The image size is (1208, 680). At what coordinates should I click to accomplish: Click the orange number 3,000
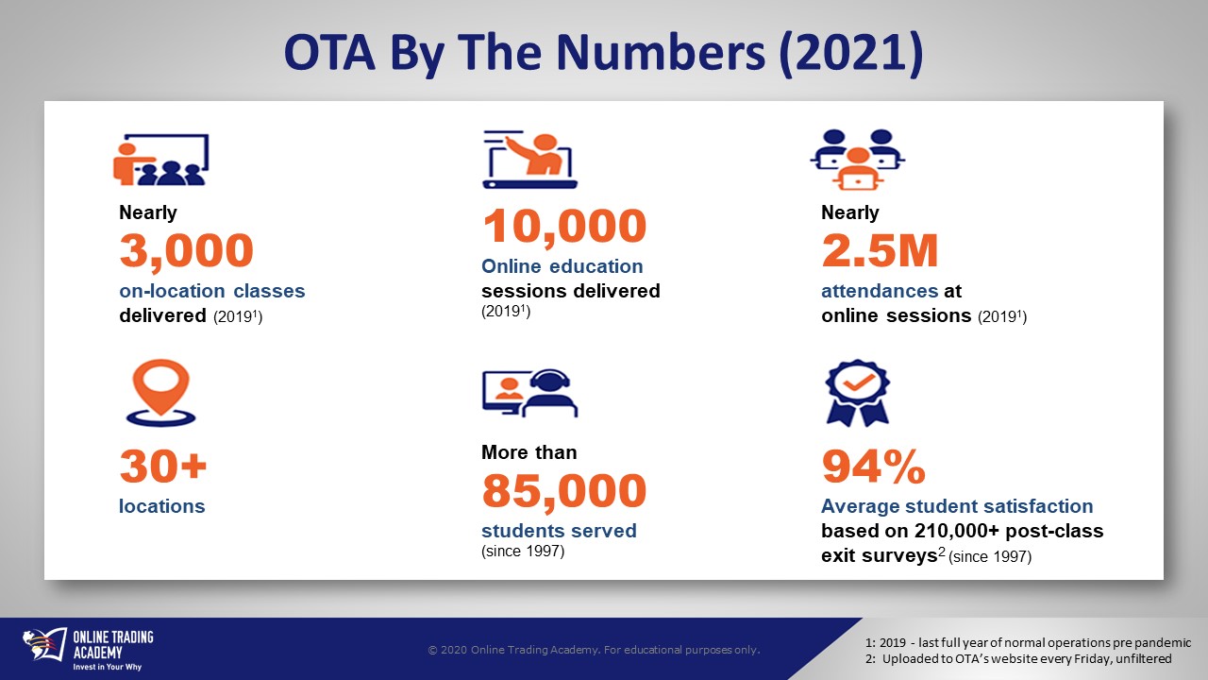pyautogui.click(x=186, y=251)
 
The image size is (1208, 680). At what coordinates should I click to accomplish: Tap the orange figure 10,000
pyautogui.click(x=564, y=226)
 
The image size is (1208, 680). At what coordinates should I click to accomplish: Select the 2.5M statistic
pyautogui.click(x=880, y=250)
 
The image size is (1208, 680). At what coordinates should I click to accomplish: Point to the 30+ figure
pyautogui.click(x=163, y=467)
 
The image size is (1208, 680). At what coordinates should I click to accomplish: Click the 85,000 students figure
pyautogui.click(x=564, y=490)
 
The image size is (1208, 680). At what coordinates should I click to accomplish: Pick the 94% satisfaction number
pyautogui.click(x=873, y=467)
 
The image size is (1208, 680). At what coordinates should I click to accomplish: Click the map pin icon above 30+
pyautogui.click(x=160, y=393)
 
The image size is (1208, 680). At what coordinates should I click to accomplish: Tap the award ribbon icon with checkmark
pyautogui.click(x=858, y=393)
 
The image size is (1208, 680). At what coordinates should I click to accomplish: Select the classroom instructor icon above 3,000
pyautogui.click(x=160, y=160)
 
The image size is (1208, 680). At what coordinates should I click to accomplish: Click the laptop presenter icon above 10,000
pyautogui.click(x=529, y=160)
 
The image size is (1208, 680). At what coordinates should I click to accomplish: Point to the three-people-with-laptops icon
pyautogui.click(x=858, y=160)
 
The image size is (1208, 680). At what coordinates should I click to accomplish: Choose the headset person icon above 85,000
pyautogui.click(x=529, y=393)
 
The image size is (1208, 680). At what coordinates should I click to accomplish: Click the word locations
pyautogui.click(x=161, y=506)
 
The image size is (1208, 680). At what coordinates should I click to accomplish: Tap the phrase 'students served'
pyautogui.click(x=559, y=531)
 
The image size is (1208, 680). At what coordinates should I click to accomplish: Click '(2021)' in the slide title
pyautogui.click(x=850, y=53)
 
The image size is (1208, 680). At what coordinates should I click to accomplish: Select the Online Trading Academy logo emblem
pyautogui.click(x=44, y=645)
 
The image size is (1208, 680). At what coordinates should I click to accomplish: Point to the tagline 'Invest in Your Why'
pyautogui.click(x=108, y=667)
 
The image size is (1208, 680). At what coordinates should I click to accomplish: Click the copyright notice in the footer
pyautogui.click(x=594, y=650)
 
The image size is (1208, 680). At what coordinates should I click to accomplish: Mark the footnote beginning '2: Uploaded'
pyautogui.click(x=1018, y=658)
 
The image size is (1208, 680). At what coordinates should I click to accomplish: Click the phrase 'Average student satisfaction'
pyautogui.click(x=957, y=506)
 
